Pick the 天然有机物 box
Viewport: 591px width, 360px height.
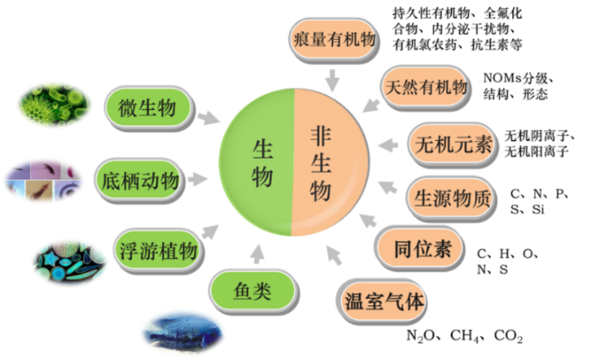coord(424,87)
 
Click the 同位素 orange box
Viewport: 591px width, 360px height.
coord(422,248)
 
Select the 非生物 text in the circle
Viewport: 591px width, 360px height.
coord(321,163)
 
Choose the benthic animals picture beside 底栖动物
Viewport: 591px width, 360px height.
coord(43,181)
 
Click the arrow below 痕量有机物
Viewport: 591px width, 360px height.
coord(332,80)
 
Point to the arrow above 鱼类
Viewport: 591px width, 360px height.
coord(258,254)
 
